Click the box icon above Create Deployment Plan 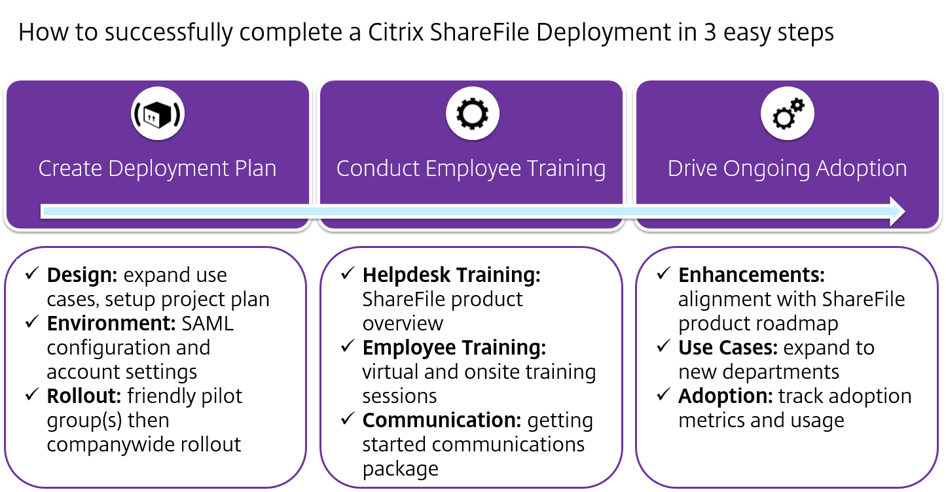pyautogui.click(x=157, y=114)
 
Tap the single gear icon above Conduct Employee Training pyautogui.click(x=472, y=114)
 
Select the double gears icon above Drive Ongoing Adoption pyautogui.click(x=788, y=114)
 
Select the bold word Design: pyautogui.click(x=82, y=275)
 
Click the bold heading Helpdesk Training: pyautogui.click(x=452, y=275)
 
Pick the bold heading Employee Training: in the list pyautogui.click(x=454, y=348)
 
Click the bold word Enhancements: pyautogui.click(x=752, y=275)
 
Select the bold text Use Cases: pyautogui.click(x=728, y=348)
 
